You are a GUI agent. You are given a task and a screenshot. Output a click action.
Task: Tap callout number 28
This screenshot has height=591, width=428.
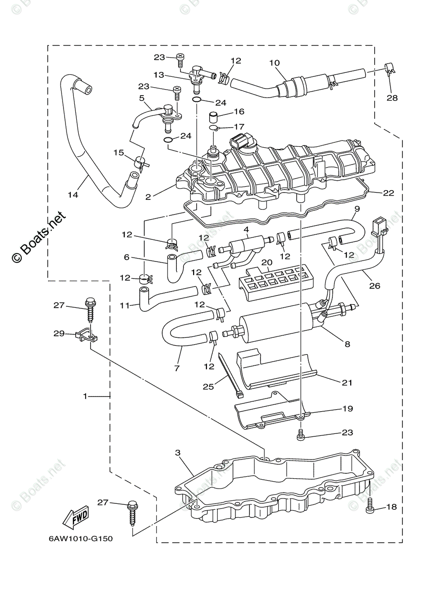pyautogui.click(x=392, y=98)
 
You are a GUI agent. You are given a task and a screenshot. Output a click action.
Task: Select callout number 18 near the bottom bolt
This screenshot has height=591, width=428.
pyautogui.click(x=392, y=507)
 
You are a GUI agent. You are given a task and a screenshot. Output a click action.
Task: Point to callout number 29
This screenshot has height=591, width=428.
pyautogui.click(x=59, y=333)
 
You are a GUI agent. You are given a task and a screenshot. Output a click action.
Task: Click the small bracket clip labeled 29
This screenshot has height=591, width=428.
pyautogui.click(x=86, y=336)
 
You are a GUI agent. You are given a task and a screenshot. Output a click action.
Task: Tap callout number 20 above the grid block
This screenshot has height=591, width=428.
pyautogui.click(x=266, y=262)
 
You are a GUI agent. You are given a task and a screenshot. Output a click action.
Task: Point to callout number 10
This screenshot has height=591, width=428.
pyautogui.click(x=274, y=63)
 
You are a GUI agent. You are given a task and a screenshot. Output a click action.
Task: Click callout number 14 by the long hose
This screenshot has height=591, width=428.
pyautogui.click(x=73, y=195)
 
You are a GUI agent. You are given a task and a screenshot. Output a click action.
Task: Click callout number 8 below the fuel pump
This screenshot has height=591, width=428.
pyautogui.click(x=347, y=344)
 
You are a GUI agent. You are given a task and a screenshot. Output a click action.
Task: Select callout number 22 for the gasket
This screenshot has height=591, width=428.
pyautogui.click(x=389, y=193)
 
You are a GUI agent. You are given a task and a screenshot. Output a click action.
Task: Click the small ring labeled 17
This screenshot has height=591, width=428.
pyautogui.click(x=214, y=128)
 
